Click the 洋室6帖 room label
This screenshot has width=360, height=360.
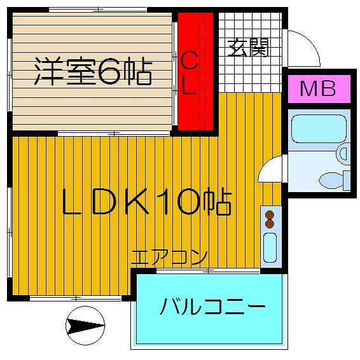pos(93,71)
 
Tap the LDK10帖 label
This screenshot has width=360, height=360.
pos(146,202)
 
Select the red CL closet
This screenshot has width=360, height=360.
pos(196,71)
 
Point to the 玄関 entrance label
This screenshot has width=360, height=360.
pos(248,48)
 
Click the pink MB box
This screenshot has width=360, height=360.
pos(319,89)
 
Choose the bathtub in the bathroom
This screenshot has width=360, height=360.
pos(319,129)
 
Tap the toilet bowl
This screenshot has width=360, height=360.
pos(331,180)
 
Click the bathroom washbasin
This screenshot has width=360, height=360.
pos(343,154)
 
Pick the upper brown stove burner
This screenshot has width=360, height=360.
pos(270,216)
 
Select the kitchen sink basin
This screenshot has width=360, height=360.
pos(270,247)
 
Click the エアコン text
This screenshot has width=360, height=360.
pos(169,258)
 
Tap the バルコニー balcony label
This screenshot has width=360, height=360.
pos(212,307)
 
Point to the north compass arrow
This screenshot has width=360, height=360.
pos(85,326)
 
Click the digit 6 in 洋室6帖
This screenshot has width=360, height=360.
pos(109,71)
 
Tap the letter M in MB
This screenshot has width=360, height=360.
pos(308,88)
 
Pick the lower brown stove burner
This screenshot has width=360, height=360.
pos(270,224)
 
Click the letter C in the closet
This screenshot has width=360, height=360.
pos(189,60)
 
